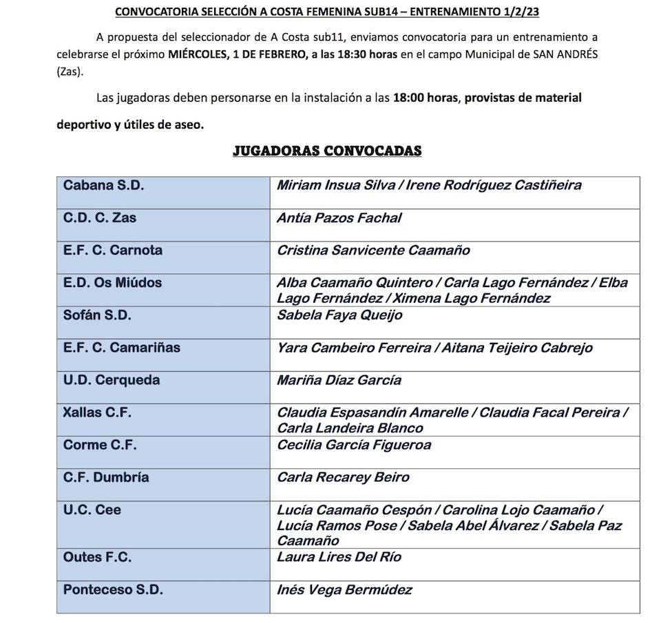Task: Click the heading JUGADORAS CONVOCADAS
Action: coord(327,151)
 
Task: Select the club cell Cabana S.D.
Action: coord(104,185)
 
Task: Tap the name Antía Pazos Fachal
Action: coord(339,218)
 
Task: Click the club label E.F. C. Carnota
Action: coord(113,251)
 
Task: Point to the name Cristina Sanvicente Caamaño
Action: coord(373,251)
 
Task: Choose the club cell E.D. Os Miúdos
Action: coord(113,283)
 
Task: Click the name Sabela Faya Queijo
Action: coord(339,315)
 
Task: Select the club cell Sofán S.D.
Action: coord(97,315)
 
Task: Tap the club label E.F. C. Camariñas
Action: coord(122,348)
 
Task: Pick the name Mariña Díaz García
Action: coord(339,380)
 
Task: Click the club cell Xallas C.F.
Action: coord(97,413)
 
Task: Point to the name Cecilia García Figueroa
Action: coord(354,445)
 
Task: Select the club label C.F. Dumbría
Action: coord(106,478)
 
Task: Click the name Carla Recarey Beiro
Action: coord(343,478)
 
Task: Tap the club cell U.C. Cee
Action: coord(92,510)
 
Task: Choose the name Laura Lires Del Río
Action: coord(339,557)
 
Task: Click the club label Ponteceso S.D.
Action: coord(113,590)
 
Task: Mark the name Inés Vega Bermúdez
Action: coord(344,590)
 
